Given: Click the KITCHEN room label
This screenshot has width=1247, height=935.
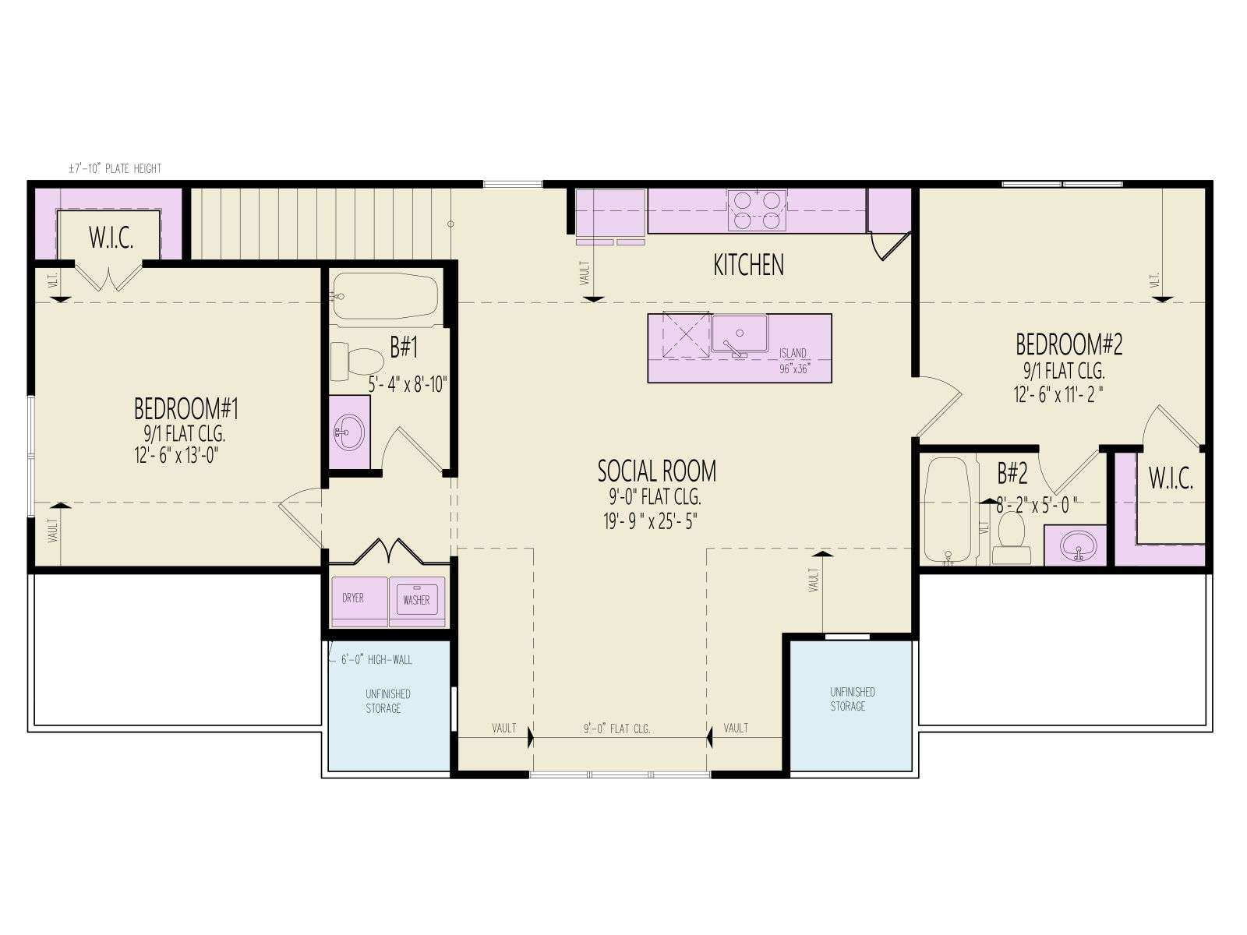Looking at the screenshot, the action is tap(748, 265).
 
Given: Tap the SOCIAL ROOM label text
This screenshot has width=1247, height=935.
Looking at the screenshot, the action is tap(657, 471).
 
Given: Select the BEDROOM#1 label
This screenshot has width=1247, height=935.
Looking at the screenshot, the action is tap(186, 409).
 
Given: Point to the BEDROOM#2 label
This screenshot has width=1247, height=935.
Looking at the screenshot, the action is tap(1069, 344).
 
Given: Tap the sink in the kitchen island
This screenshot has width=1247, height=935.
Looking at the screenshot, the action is tap(739, 335).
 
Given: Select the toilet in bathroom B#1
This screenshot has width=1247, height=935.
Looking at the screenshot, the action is tap(357, 361).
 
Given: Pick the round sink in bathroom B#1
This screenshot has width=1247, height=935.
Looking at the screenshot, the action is tap(348, 432).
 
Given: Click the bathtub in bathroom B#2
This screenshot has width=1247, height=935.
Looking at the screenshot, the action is tap(947, 511).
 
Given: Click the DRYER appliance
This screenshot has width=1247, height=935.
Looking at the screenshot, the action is tap(359, 602).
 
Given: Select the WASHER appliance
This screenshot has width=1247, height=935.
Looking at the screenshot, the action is tap(417, 602).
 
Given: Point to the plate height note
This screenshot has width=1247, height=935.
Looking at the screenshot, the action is tap(115, 168).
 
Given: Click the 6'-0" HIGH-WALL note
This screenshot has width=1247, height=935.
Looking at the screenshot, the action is tap(376, 660).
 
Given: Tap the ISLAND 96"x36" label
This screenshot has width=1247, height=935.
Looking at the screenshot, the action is tap(793, 361).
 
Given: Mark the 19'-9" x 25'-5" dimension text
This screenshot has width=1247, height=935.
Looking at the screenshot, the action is tap(650, 521).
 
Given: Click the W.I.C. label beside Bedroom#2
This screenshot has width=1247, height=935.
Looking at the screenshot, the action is tap(1171, 478).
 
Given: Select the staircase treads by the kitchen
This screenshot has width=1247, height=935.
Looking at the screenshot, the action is tap(321, 224).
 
